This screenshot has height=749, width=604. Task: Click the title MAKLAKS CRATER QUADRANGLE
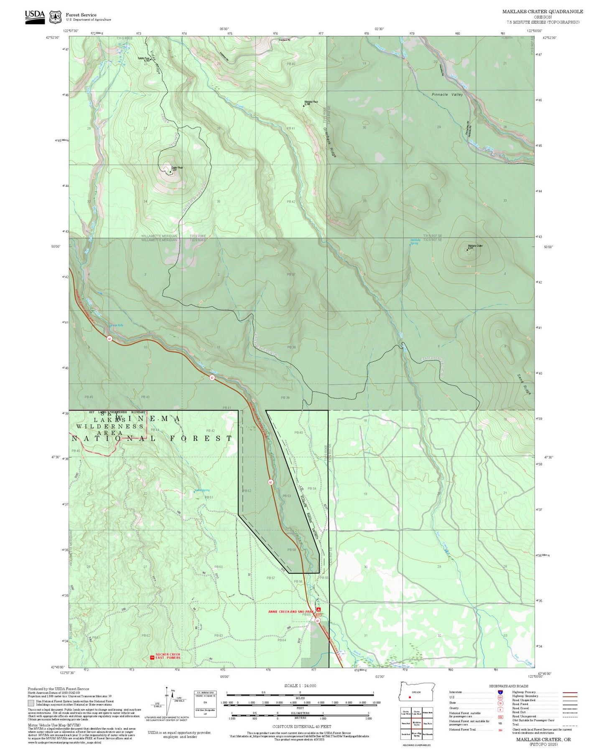pos(542,12)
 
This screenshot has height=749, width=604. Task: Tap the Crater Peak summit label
pos(177,168)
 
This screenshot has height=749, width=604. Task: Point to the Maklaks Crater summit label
pos(475,246)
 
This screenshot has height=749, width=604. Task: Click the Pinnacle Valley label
pos(447,95)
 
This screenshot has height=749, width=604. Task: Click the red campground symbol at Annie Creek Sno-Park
pos(319,610)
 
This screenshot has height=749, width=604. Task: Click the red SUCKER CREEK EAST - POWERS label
pos(168,656)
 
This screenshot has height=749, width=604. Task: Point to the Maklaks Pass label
pos(311,102)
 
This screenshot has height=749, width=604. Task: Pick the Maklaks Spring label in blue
pos(415,241)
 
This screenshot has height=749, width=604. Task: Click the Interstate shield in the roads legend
pos(500,692)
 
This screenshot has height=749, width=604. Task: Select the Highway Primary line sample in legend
pos(570,692)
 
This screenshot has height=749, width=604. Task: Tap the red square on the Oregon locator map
pos(410,697)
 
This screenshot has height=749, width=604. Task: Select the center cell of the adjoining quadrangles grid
pos(417,723)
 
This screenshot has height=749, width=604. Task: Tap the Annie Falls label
pos(117,325)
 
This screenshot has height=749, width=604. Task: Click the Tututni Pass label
pos(144,59)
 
